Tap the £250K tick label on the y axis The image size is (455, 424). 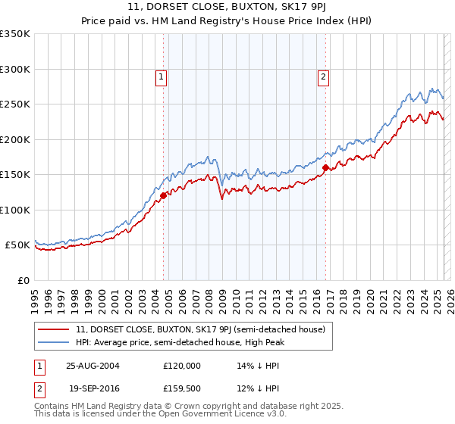15,104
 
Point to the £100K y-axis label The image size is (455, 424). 15,210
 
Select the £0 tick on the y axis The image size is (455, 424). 24,280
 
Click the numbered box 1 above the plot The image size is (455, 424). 162,76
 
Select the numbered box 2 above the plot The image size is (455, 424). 324,76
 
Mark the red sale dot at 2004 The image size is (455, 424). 163,195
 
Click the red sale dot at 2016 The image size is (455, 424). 325,167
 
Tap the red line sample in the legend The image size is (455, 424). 55,329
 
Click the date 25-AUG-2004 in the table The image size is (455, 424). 98,365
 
